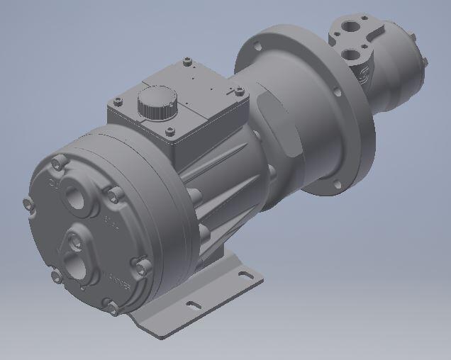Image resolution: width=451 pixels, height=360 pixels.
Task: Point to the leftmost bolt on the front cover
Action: coord(29,205)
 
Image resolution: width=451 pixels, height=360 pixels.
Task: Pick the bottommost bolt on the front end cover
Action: coord(111,307)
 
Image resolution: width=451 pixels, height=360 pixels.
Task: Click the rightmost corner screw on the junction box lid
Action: coord(239,91)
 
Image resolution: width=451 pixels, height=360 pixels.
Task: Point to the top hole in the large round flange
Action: coord(257,47)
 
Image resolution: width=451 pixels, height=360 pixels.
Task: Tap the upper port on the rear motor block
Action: coord(351,27)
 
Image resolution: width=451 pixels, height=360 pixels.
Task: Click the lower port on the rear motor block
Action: coord(352,55)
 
